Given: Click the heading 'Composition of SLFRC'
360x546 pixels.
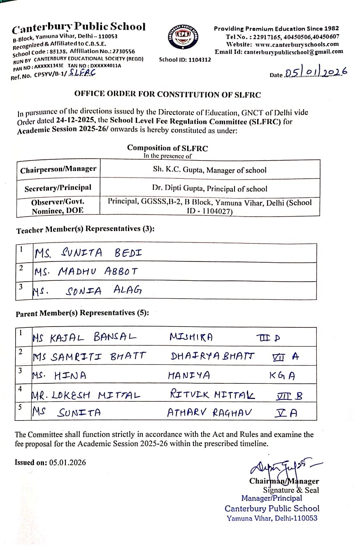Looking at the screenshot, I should pyautogui.click(x=167, y=148).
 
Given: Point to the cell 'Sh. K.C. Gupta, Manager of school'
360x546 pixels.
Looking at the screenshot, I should pyautogui.click(x=209, y=170).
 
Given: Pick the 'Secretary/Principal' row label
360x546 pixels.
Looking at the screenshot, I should pyautogui.click(x=58, y=188).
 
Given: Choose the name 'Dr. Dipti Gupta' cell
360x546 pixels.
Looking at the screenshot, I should pyautogui.click(x=209, y=189).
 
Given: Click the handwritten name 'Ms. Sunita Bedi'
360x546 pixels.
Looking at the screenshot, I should pyautogui.click(x=88, y=253).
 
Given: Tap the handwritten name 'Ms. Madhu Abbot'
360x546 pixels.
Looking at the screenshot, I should pyautogui.click(x=86, y=272).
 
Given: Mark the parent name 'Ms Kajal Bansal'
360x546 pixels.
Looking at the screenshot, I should pyautogui.click(x=84, y=338).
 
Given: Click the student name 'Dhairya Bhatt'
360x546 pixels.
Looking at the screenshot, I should pyautogui.click(x=212, y=356).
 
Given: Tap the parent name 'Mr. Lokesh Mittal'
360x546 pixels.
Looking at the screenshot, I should pyautogui.click(x=86, y=396).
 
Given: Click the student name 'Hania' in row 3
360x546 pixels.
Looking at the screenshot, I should pyautogui.click(x=189, y=376).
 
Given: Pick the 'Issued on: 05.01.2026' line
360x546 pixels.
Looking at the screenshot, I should pyautogui.click(x=51, y=462).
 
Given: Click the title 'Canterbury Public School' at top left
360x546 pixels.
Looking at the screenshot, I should pyautogui.click(x=79, y=28).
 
